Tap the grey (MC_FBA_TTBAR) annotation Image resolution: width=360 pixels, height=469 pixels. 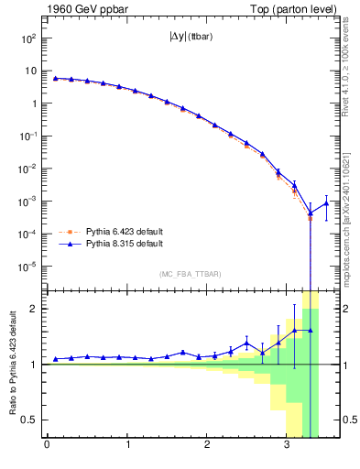(x=184, y=275)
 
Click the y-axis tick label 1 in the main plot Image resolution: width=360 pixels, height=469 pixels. (x=32, y=104)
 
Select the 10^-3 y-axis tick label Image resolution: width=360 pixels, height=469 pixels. (x=27, y=202)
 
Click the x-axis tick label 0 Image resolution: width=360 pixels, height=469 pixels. (x=47, y=446)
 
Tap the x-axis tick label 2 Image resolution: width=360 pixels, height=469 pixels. (x=208, y=446)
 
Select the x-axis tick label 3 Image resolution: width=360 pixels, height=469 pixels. (x=289, y=446)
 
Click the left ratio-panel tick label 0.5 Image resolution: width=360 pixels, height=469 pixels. (x=29, y=420)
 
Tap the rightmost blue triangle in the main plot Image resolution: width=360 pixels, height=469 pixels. (x=325, y=202)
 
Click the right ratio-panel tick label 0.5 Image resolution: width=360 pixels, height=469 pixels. (x=346, y=420)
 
